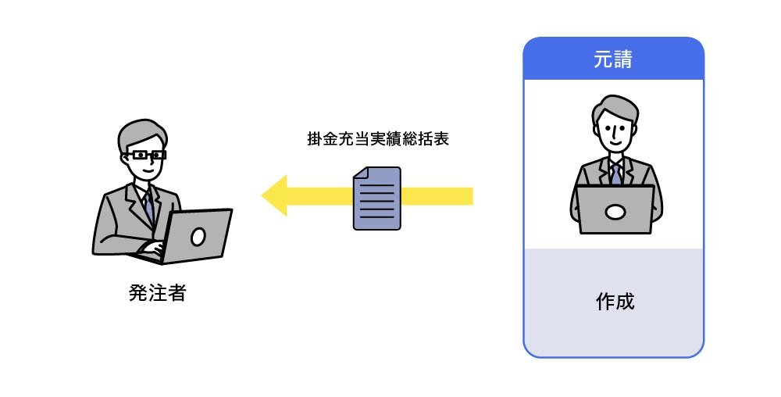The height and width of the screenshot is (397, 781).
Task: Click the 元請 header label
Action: point(613,59)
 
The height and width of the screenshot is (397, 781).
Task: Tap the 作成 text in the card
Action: point(615,301)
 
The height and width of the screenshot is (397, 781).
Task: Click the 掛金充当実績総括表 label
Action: point(378,141)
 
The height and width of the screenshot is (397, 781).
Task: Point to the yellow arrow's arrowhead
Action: point(274,195)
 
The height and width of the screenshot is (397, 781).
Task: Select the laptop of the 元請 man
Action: point(615,210)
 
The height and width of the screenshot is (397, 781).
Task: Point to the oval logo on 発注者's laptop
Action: point(198,235)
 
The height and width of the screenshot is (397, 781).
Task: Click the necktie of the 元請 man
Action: point(615,173)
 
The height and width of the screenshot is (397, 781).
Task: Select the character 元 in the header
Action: point(603,59)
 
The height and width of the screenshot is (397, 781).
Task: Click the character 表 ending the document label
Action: point(441,141)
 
